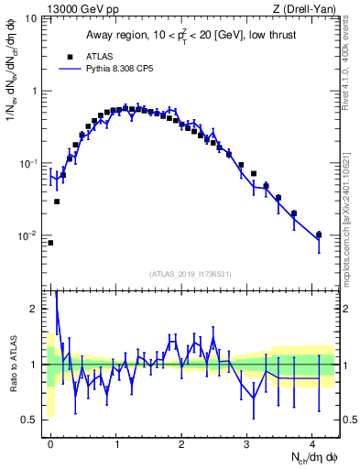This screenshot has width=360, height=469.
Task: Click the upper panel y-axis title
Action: pos(12,82)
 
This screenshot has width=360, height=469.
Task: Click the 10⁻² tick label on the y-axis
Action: pos(28,235)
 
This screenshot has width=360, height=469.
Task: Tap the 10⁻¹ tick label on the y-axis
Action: pos(28,163)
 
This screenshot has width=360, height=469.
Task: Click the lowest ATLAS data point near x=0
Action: pos(50,243)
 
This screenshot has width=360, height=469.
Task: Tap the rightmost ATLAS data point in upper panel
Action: pos(319,234)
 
